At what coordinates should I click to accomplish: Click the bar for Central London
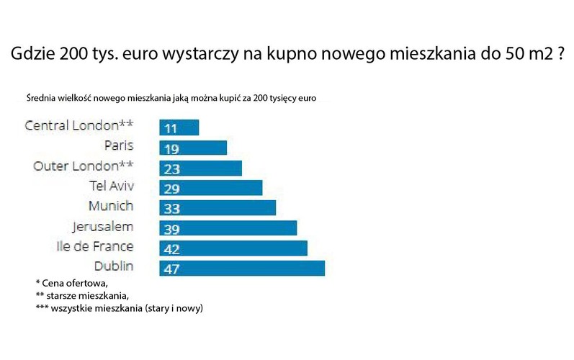click(179, 128)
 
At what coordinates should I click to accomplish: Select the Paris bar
click(193, 148)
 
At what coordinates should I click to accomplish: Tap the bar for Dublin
click(242, 268)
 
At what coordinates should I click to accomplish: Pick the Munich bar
click(218, 207)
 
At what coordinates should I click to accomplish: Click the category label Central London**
click(79, 125)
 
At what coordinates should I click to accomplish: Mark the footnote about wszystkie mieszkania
click(119, 308)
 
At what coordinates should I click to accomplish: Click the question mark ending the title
click(558, 55)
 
